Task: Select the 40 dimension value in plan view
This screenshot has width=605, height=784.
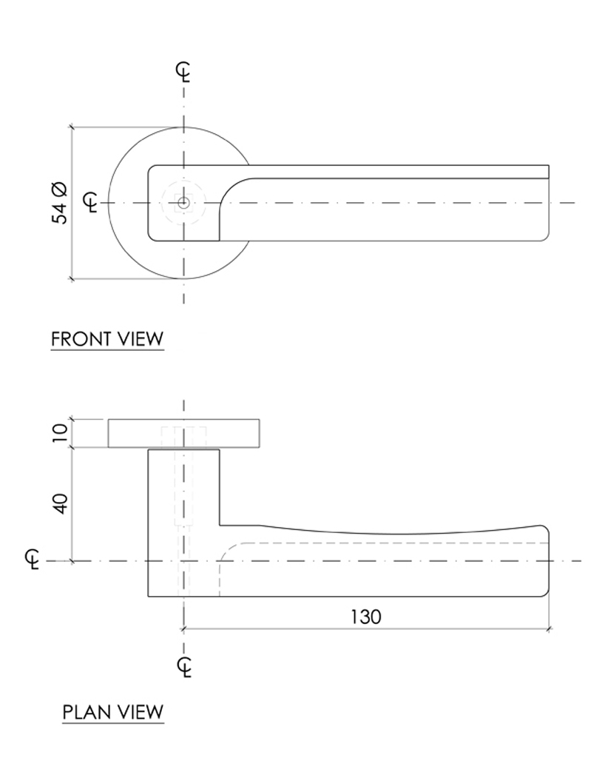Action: [x=61, y=504]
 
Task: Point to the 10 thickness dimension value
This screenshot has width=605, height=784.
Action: [x=61, y=433]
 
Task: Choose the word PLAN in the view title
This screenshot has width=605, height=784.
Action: [x=85, y=712]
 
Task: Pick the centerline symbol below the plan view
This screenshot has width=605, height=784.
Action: [x=185, y=666]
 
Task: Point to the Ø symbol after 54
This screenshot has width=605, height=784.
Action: [x=61, y=187]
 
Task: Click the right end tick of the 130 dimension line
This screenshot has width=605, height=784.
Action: [x=549, y=629]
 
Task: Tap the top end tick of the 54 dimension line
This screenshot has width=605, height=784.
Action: [x=72, y=127]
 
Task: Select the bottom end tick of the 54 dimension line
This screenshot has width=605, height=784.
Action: [x=72, y=279]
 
